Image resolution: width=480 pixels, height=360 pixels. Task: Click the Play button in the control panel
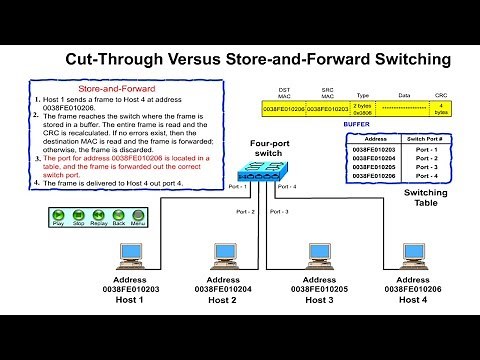(56, 215)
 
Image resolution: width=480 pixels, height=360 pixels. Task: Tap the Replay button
(98, 215)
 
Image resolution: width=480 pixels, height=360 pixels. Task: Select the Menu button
(139, 215)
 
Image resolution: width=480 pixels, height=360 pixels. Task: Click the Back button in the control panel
(119, 215)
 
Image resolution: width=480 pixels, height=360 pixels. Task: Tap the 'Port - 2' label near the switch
(245, 212)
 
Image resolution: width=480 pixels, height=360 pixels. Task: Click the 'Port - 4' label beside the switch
(285, 186)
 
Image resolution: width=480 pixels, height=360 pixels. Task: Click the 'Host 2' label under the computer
(222, 298)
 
